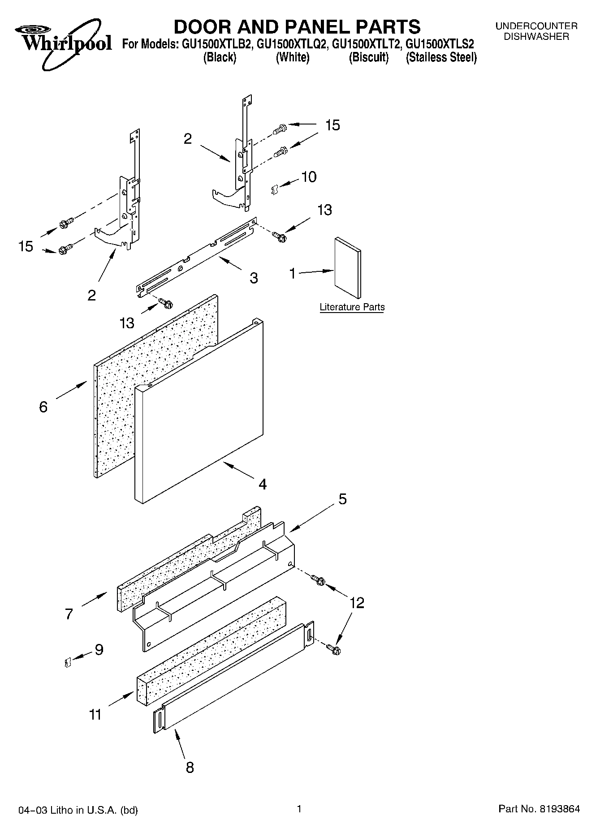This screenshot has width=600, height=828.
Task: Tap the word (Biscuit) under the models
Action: point(368,57)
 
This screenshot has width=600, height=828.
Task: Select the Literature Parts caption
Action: point(352,307)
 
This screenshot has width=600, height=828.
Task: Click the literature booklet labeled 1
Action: point(348,267)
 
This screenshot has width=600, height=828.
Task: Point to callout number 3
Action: point(254,278)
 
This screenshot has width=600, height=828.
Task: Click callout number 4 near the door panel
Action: point(262,484)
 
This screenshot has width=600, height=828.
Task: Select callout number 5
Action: point(342,499)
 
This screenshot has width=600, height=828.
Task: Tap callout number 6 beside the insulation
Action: point(43,407)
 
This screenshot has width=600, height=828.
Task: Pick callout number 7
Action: point(69,613)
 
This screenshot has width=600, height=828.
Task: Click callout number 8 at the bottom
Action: point(190,768)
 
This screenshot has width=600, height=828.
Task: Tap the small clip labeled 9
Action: point(66,662)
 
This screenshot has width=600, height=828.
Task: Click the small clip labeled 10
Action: point(275,190)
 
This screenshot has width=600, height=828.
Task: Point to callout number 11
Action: point(95,715)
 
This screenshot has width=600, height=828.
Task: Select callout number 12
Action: point(357,603)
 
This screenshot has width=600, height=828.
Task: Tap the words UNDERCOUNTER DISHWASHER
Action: point(536,31)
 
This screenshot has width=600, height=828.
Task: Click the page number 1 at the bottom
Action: point(299,809)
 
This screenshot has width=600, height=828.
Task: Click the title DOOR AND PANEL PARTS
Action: point(297,27)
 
